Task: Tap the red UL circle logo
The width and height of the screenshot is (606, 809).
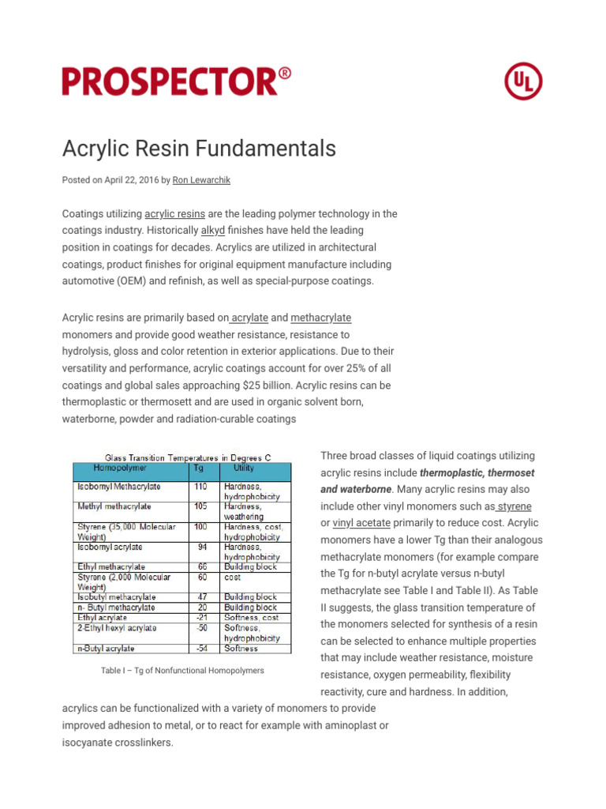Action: (523, 81)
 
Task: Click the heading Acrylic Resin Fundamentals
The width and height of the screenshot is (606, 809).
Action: (199, 149)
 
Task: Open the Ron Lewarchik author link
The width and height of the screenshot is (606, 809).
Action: (201, 180)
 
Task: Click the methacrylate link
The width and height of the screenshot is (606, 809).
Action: (320, 318)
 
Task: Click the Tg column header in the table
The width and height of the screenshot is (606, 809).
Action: (199, 468)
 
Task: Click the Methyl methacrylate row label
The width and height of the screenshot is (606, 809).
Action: (114, 506)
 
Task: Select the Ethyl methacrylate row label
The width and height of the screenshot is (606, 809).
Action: (110, 566)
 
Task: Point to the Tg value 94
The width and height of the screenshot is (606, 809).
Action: (202, 547)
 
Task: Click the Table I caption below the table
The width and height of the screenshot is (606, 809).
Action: (182, 671)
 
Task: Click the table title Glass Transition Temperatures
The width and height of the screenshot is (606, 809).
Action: (182, 457)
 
